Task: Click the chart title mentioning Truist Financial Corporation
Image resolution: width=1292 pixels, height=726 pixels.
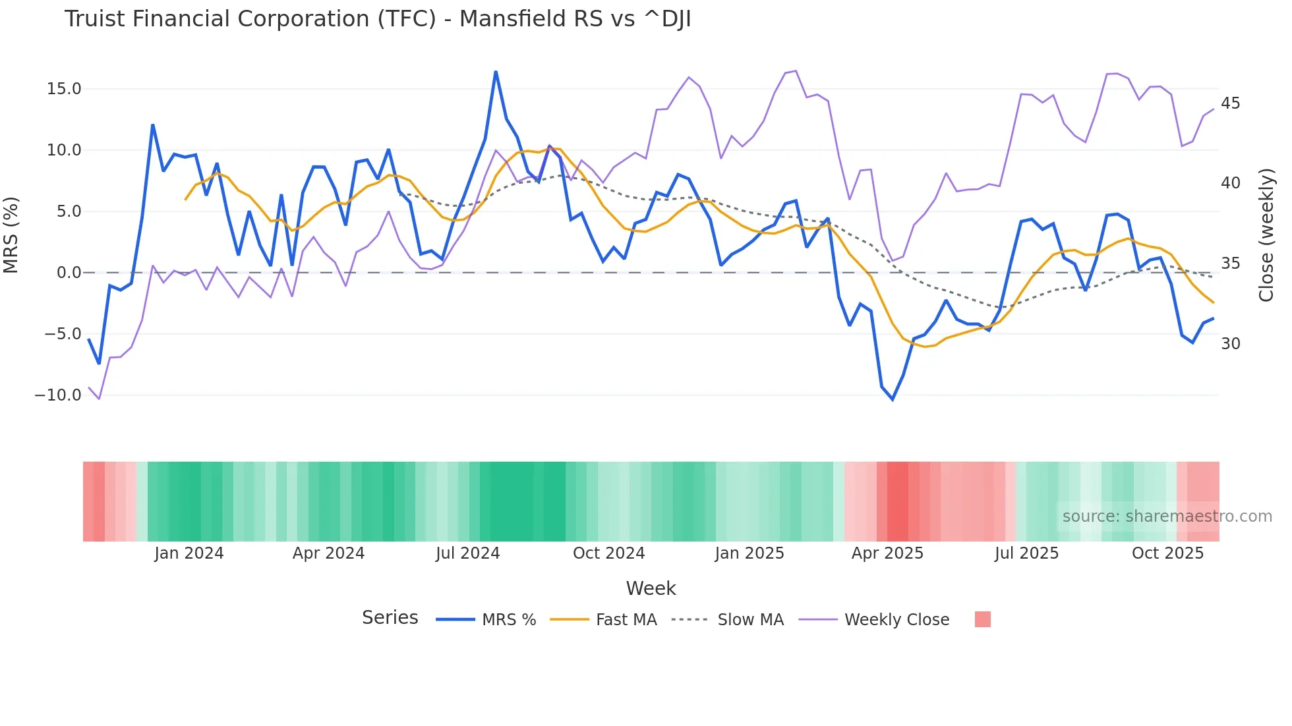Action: click(377, 19)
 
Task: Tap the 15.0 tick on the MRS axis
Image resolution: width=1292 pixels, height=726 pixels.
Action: click(64, 89)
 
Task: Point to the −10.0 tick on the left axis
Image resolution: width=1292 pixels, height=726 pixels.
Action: click(58, 395)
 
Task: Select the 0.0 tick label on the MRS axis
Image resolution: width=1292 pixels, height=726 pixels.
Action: click(69, 273)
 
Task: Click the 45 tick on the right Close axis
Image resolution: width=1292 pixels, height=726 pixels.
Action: click(1230, 103)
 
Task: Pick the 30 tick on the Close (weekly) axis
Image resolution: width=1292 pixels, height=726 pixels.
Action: click(1230, 344)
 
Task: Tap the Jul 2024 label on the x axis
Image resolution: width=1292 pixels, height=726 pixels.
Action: click(467, 553)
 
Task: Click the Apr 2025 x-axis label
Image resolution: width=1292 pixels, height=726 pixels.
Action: click(887, 553)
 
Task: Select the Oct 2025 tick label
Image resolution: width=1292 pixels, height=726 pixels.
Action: click(1167, 553)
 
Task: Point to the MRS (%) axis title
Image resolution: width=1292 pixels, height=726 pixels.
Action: click(11, 235)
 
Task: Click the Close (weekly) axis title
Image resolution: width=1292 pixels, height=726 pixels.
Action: click(1266, 235)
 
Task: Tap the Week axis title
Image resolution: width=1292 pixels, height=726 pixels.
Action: click(651, 588)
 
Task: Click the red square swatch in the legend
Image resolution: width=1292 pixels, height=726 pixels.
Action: click(982, 619)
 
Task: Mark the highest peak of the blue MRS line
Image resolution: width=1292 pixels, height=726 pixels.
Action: click(496, 72)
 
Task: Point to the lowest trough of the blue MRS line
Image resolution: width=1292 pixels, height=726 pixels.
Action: click(893, 399)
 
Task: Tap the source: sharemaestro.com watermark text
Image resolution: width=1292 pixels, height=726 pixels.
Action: click(1167, 517)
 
